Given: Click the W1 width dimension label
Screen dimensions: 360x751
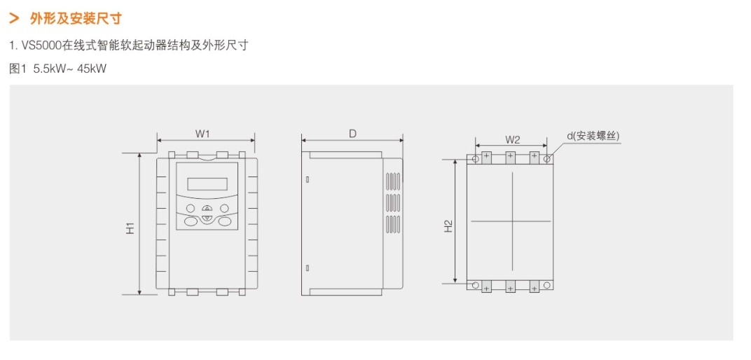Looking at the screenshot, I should click(202, 132).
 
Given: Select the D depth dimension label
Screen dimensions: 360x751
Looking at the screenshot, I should click(352, 132).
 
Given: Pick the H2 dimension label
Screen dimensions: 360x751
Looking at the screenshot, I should click(448, 226).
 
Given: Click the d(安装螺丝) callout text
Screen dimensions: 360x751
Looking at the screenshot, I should click(593, 136).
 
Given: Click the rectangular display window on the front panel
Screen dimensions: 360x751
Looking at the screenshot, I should click(207, 184).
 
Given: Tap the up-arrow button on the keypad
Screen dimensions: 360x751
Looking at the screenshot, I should click(207, 209).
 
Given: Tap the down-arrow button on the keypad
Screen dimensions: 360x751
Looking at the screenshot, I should click(207, 219).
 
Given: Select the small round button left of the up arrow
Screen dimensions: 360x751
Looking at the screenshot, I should click(190, 208).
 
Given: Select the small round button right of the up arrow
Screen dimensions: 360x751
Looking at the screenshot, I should click(224, 208).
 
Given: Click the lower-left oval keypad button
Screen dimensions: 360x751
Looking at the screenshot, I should click(191, 221).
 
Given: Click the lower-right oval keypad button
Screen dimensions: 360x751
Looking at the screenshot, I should click(223, 221).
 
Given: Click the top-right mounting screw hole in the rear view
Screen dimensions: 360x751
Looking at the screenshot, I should click(548, 159).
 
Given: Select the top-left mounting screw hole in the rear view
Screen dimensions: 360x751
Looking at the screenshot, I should click(476, 159).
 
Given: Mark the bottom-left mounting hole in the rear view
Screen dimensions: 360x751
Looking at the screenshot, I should click(476, 285).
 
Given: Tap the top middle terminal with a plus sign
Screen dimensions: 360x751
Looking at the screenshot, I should click(511, 155).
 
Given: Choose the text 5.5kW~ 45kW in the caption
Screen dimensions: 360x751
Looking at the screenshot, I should click(69, 68).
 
